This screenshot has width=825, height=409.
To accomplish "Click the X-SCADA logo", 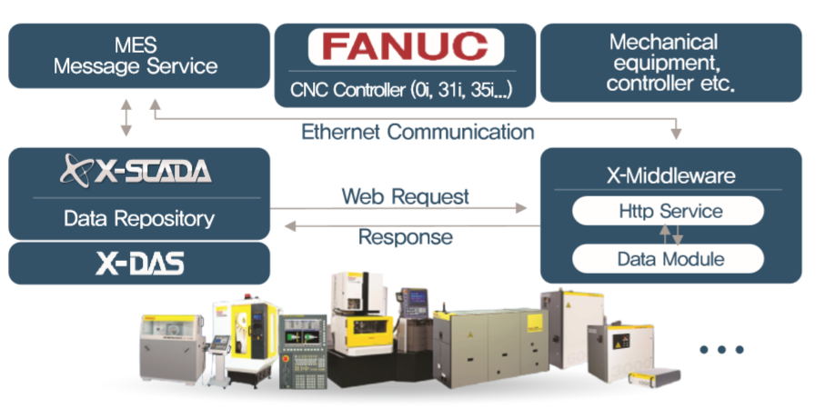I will point(136,171).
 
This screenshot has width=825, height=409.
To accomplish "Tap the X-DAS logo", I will point(139,264).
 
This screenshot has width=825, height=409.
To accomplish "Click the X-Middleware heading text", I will point(669,175).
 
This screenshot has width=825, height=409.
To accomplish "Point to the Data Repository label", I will point(139,218).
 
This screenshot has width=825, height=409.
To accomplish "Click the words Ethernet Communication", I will point(418,131).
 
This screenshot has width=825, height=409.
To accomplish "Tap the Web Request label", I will point(405,195).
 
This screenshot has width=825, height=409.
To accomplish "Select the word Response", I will point(405,237).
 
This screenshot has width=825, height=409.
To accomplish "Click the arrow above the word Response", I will point(405,224).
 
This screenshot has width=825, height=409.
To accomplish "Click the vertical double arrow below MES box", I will point(126,117).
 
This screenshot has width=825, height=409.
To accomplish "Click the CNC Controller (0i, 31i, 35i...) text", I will point(400,90).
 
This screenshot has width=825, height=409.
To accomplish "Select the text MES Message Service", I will point(136,55).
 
